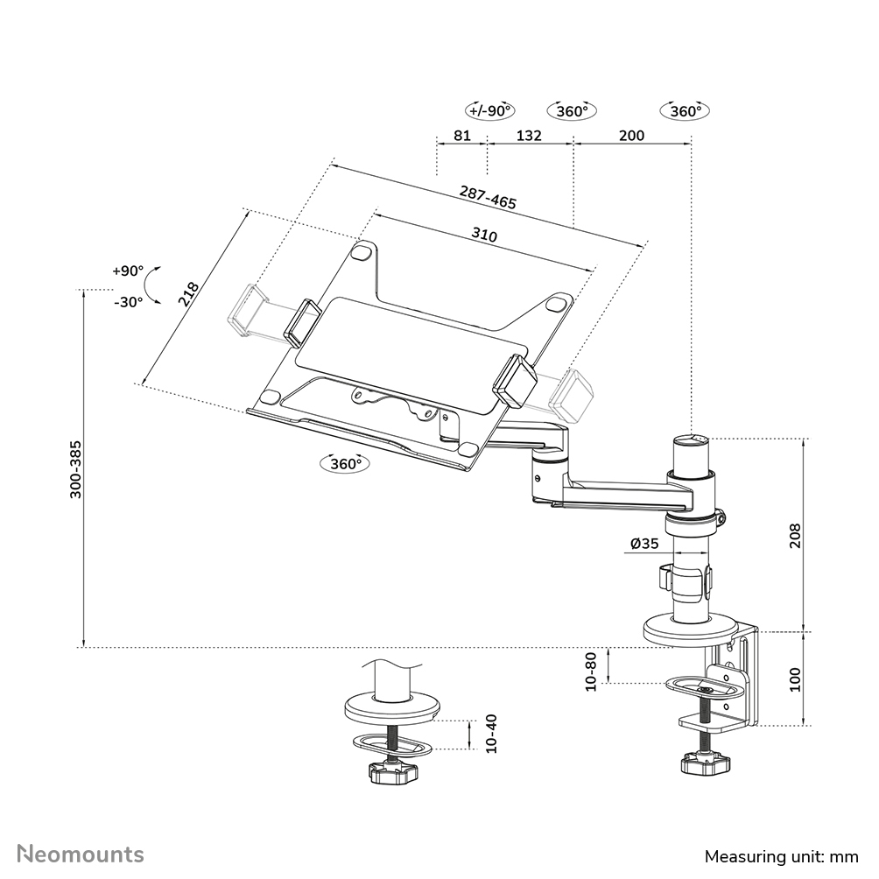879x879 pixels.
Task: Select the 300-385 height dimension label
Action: [x=76, y=468]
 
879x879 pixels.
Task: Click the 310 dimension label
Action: [x=484, y=236]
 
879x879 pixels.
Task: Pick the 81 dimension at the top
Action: [x=462, y=136]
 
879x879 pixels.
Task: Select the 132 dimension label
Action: [x=529, y=136]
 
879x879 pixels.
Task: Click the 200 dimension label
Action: [x=631, y=136]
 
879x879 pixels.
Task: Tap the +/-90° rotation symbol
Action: [x=490, y=111]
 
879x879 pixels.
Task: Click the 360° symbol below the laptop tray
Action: [x=346, y=464]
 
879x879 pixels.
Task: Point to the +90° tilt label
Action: [x=127, y=271]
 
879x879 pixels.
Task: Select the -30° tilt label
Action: [x=128, y=301]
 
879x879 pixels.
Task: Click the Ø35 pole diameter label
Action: [x=643, y=544]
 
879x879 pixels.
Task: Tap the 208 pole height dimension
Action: [x=795, y=534]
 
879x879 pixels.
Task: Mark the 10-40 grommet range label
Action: [x=490, y=734]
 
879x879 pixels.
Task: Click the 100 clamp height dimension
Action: [x=795, y=679]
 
